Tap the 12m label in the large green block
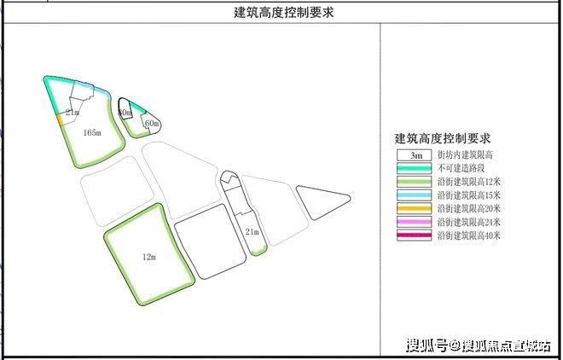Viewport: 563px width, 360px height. click(x=150, y=255)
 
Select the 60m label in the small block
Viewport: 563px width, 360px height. click(x=152, y=125)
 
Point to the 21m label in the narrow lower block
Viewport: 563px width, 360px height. click(x=252, y=231)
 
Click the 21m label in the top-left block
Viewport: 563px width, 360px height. click(x=73, y=112)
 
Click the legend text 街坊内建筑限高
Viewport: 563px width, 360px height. click(x=465, y=156)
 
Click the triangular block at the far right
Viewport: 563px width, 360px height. click(x=320, y=202)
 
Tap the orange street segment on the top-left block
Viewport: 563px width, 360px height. click(x=60, y=120)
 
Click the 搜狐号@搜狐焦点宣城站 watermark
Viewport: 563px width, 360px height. click(x=478, y=345)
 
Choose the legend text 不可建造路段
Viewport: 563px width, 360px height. click(x=460, y=169)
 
